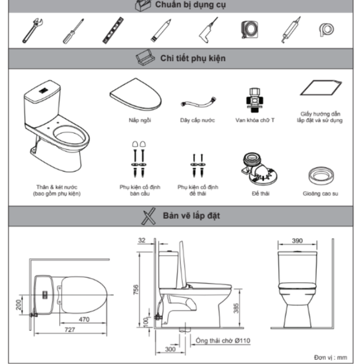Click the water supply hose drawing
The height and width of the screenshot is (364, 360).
[x=197, y=103]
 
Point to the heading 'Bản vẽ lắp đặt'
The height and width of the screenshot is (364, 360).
[x=191, y=216]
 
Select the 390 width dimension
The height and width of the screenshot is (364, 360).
[x=297, y=241]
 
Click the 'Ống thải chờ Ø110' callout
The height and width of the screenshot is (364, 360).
[x=223, y=341]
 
